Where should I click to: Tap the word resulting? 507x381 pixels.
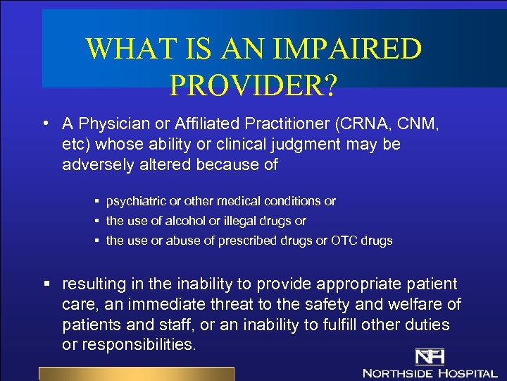tap(94, 284)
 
